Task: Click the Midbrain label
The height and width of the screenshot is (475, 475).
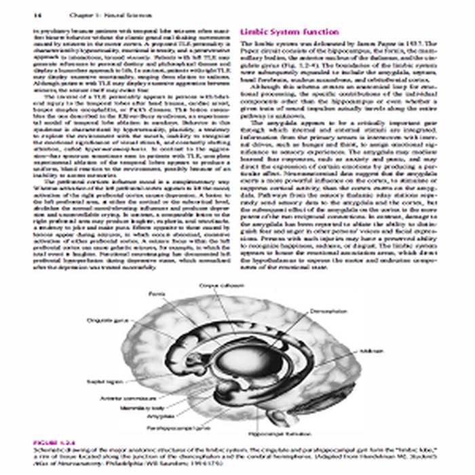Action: pos(361,352)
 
